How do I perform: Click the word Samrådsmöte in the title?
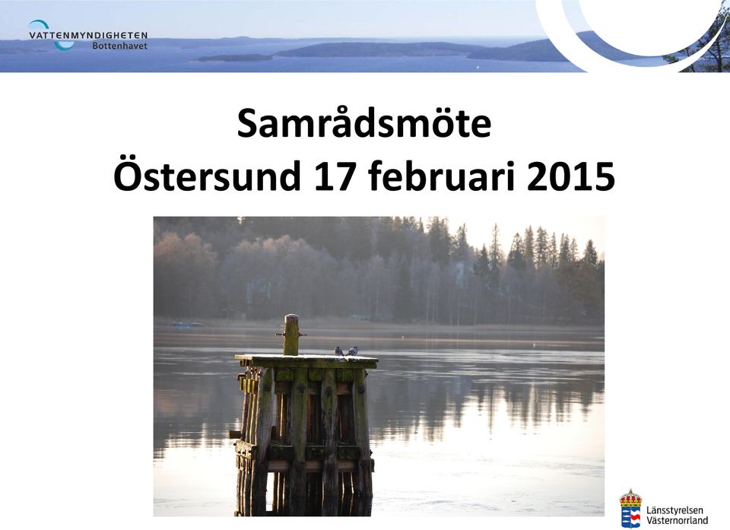364,123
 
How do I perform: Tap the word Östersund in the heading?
207,176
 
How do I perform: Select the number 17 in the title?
334,176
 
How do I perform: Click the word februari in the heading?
441,176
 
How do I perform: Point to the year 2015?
571,176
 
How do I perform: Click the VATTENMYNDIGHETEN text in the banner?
88,36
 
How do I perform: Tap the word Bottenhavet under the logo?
119,46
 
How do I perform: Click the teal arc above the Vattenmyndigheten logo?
38,24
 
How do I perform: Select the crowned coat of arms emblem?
630,508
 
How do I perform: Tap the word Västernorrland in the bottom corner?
678,520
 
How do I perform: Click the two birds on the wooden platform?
347,351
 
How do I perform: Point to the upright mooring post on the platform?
291,335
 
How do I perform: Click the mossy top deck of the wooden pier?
306,360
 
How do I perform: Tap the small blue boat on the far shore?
187,324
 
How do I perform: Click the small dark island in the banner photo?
235,58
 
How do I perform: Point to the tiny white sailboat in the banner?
477,68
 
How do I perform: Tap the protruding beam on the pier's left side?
236,434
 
